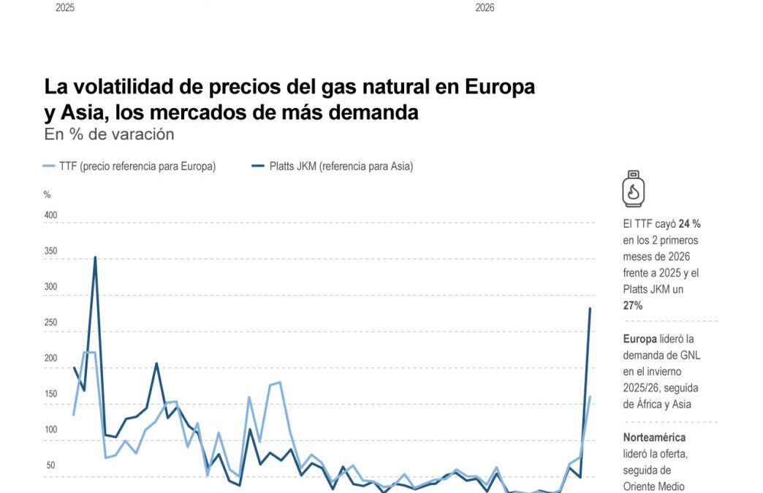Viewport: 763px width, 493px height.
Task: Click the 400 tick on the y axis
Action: (x=50, y=215)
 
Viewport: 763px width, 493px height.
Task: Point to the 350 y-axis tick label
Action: (x=50, y=251)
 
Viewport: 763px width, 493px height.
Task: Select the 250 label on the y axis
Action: (x=50, y=323)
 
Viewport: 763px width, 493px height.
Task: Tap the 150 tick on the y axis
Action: (x=50, y=394)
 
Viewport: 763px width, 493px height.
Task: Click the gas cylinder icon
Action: (x=634, y=189)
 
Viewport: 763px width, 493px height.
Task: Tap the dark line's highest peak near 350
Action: (x=95, y=257)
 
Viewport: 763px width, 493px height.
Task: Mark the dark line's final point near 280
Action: (x=590, y=308)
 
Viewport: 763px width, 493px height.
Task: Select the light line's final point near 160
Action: (x=590, y=397)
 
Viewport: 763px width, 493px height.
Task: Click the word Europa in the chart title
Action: (x=500, y=87)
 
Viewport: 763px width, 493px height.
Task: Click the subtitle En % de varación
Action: (x=109, y=134)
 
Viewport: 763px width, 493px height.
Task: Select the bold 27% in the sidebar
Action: (x=633, y=306)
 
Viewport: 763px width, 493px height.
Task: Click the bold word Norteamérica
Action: (x=654, y=437)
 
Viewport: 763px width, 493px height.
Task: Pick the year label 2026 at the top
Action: (x=485, y=8)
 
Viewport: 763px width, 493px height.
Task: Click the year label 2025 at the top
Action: (x=65, y=8)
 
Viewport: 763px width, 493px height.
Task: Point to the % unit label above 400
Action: (x=47, y=195)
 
